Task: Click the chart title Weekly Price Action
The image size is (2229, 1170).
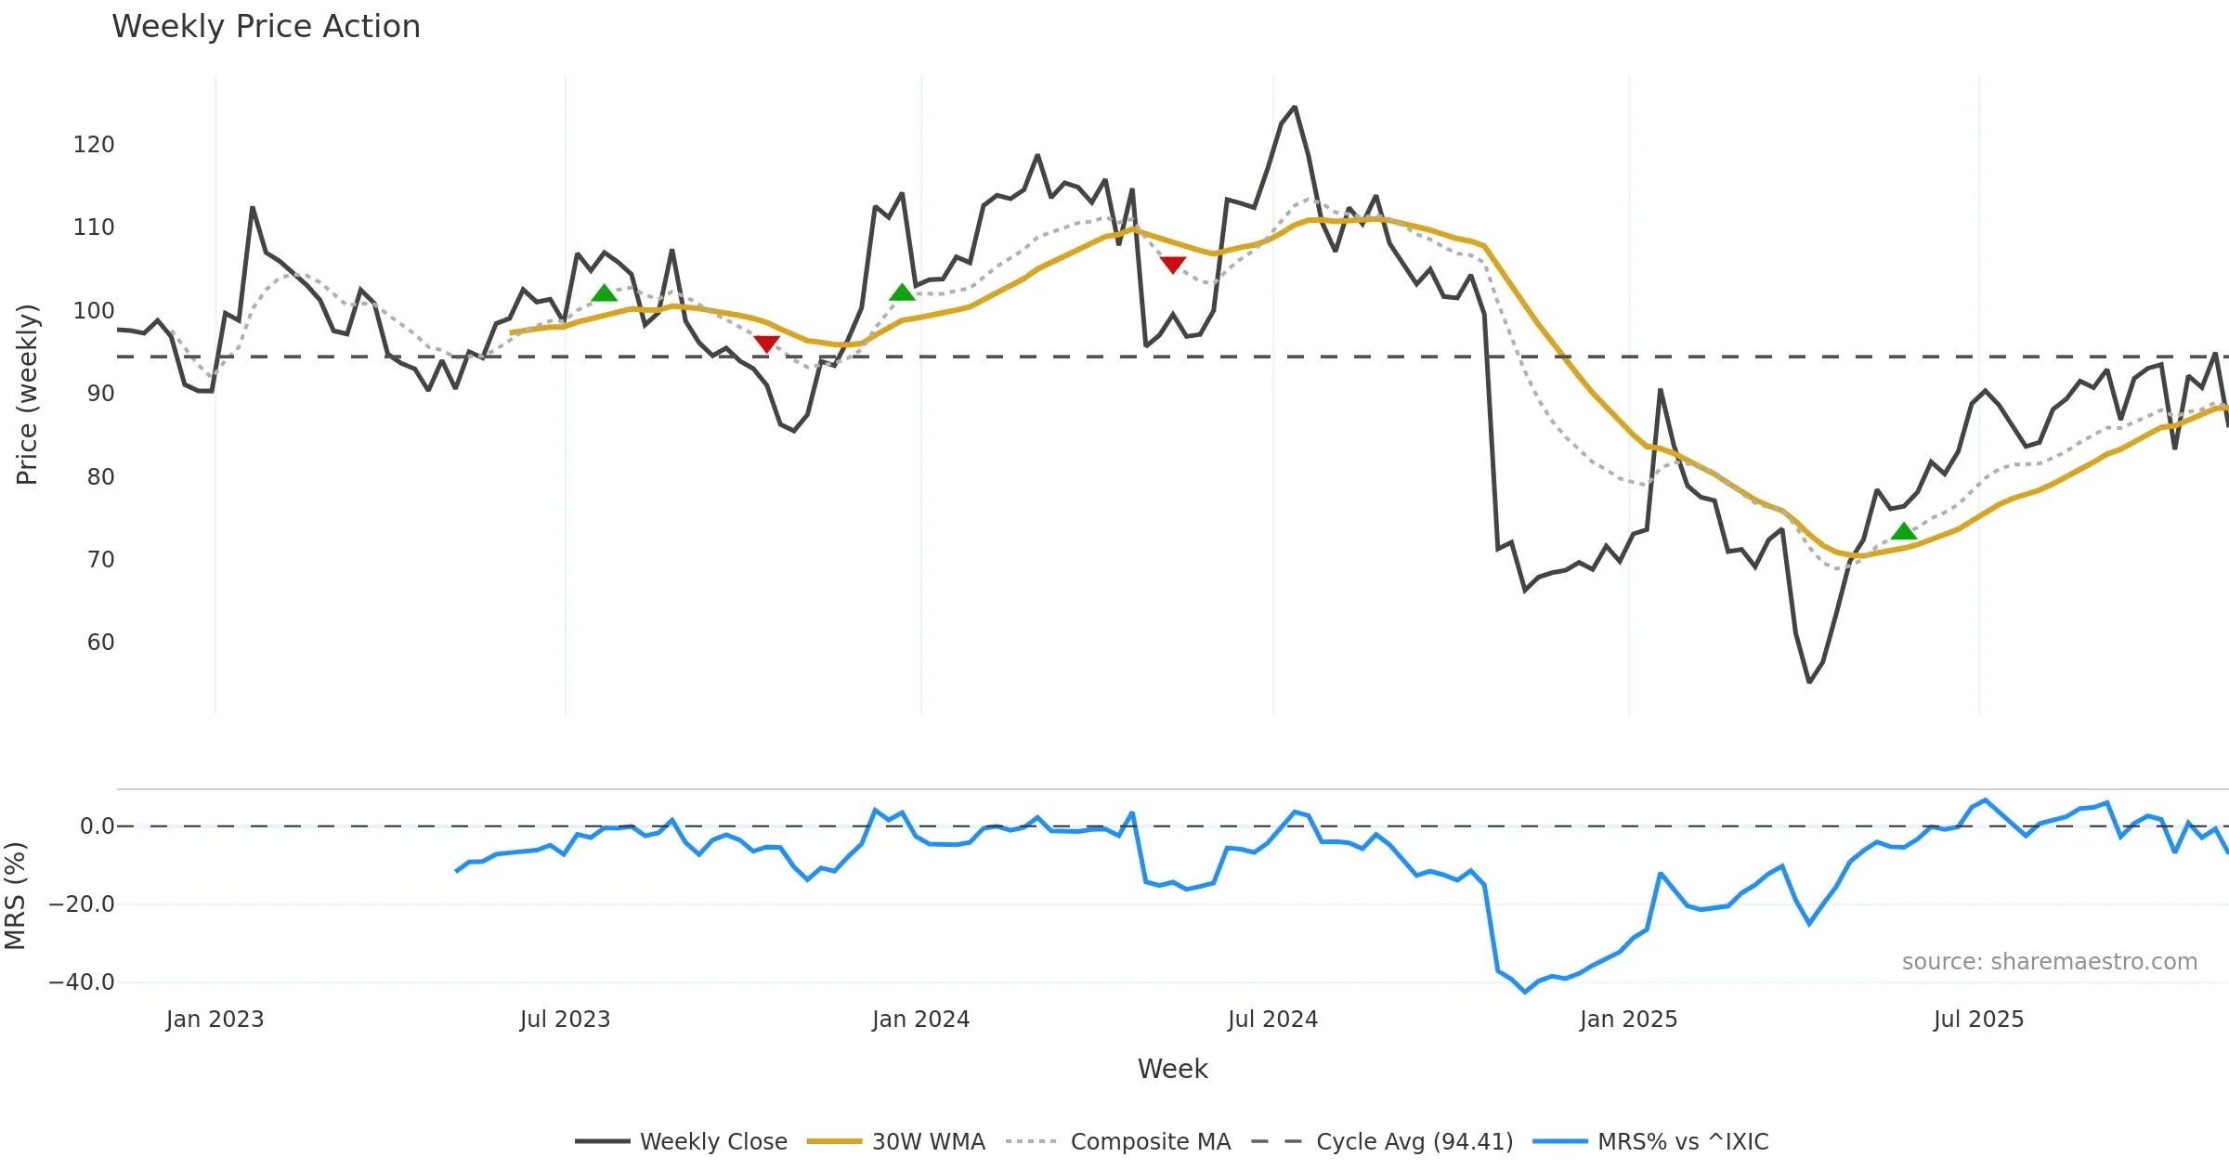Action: click(x=266, y=27)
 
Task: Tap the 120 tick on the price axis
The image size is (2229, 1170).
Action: click(x=94, y=145)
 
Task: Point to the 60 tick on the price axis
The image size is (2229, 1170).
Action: click(x=100, y=643)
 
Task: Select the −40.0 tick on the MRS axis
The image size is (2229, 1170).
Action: click(x=82, y=982)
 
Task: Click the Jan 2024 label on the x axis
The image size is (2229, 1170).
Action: click(x=920, y=1020)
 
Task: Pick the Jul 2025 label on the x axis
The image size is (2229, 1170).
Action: click(x=1978, y=1020)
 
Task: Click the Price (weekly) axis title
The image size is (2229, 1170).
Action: click(x=27, y=395)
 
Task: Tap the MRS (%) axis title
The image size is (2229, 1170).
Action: click(x=15, y=896)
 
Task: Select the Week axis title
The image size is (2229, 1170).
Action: click(x=1172, y=1070)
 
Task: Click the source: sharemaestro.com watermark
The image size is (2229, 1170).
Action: click(x=2049, y=962)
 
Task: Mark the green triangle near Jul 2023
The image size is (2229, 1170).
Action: click(x=605, y=293)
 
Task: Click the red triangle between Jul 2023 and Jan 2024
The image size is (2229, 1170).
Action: click(x=766, y=344)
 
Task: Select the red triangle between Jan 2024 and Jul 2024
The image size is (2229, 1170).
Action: click(x=1173, y=265)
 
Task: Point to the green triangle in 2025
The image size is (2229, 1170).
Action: click(x=1904, y=531)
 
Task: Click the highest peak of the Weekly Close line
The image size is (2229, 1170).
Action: click(x=1295, y=107)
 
